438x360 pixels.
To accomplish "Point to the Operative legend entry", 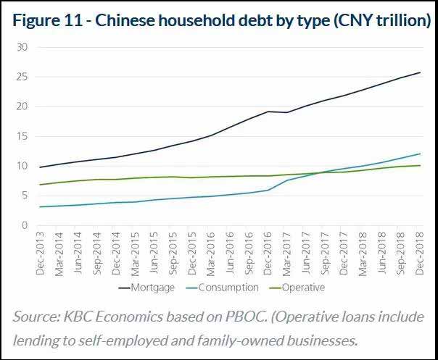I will click(299, 288).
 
